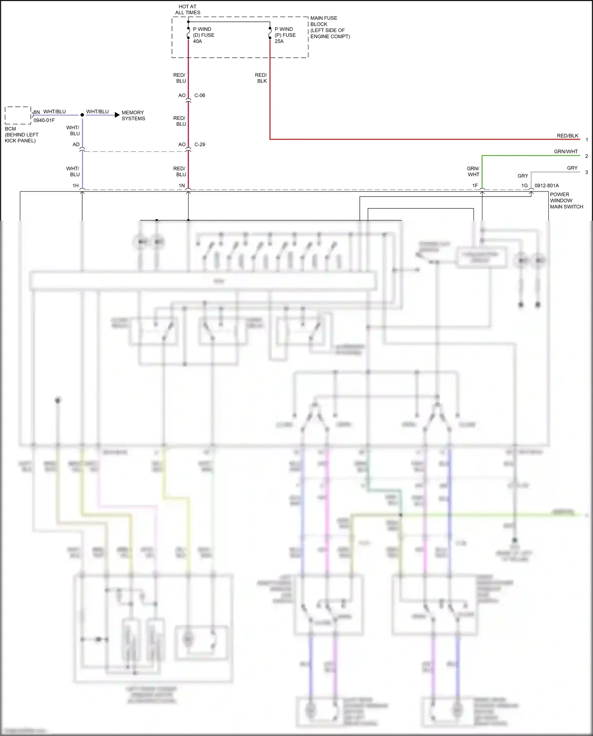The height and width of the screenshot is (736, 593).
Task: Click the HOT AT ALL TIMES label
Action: pos(187,9)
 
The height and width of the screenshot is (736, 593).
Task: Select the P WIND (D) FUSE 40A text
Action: pos(203,35)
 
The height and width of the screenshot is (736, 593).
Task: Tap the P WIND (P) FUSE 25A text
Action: pos(285,35)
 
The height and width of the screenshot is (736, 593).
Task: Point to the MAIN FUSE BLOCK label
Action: pos(330,27)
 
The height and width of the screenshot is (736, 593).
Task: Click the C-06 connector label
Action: pos(200,95)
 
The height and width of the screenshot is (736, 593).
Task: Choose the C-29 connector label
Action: pos(200,144)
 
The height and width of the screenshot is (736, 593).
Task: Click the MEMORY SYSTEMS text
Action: pos(133,115)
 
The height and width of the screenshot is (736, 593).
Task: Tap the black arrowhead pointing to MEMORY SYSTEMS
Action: pos(117,115)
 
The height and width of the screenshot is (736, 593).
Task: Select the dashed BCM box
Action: pos(18,115)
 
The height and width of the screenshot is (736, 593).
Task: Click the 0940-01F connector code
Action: pos(44,120)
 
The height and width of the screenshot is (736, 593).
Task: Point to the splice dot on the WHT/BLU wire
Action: pos(82,115)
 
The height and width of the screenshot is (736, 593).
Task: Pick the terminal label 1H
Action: pos(75,185)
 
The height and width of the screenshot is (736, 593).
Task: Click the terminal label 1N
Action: pos(181,185)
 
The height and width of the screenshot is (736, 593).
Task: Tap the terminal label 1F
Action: pos(475,185)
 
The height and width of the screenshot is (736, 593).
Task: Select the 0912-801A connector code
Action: pos(546,185)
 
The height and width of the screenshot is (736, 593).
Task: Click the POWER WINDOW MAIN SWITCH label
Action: pos(566,201)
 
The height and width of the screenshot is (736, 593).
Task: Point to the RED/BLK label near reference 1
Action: pos(567,136)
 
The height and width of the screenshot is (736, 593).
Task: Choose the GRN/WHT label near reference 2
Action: pos(566,151)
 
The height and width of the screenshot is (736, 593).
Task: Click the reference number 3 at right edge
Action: pos(586,172)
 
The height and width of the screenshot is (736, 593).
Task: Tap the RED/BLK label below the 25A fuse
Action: pos(261,78)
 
